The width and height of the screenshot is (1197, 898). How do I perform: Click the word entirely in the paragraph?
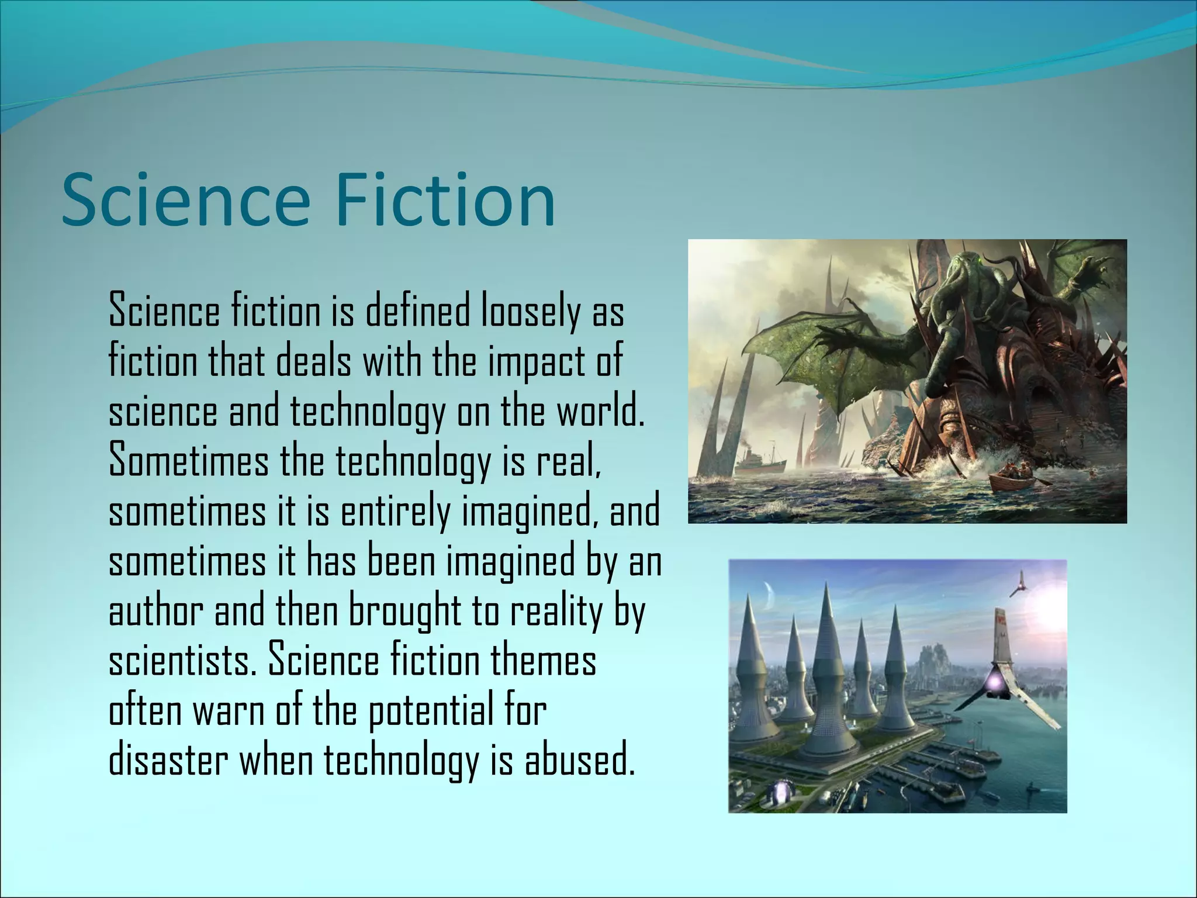coord(395,511)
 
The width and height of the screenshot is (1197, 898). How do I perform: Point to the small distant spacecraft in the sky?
coord(1019,585)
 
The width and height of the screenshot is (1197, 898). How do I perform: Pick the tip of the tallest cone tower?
coord(826,585)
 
